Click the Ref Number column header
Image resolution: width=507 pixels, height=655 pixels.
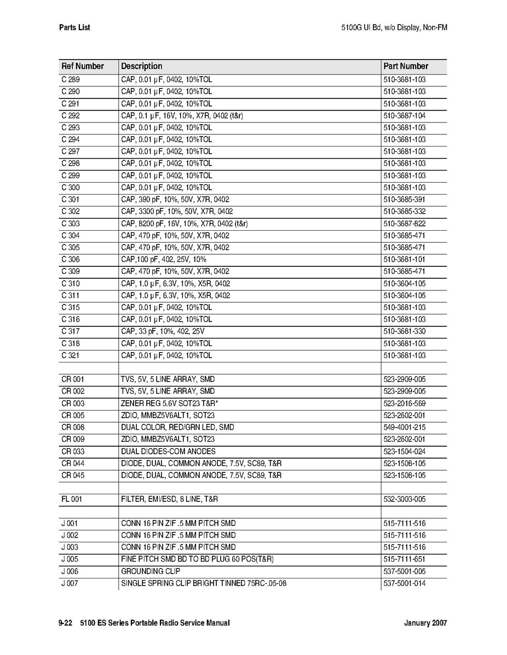click(x=83, y=66)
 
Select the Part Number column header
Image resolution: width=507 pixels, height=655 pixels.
click(x=406, y=66)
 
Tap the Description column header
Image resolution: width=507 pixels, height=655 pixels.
click(x=142, y=66)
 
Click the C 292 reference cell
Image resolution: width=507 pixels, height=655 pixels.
click(x=71, y=115)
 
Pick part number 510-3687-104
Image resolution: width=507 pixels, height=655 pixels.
click(x=405, y=115)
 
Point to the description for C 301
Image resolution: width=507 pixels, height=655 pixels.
click(x=175, y=200)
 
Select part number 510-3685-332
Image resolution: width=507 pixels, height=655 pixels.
click(x=405, y=212)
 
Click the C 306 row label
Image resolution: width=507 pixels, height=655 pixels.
click(x=71, y=260)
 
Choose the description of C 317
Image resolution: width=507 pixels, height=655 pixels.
click(x=163, y=331)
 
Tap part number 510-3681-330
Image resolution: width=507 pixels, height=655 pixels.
click(x=405, y=331)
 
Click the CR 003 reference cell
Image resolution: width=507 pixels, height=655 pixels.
click(x=73, y=403)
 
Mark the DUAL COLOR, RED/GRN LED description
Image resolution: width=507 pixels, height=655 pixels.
click(x=177, y=428)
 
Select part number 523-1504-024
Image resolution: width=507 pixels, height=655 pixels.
click(x=405, y=452)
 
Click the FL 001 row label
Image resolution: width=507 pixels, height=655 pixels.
click(x=72, y=500)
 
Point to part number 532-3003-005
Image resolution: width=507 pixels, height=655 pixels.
click(x=405, y=500)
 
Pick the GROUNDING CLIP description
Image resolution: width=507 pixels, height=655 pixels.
click(x=151, y=571)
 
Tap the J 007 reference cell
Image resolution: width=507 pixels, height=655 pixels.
click(x=70, y=583)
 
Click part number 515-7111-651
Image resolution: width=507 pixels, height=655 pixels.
click(x=405, y=559)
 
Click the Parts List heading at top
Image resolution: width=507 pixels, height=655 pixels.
click(x=74, y=27)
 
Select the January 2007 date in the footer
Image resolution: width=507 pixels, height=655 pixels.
click(x=425, y=623)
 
